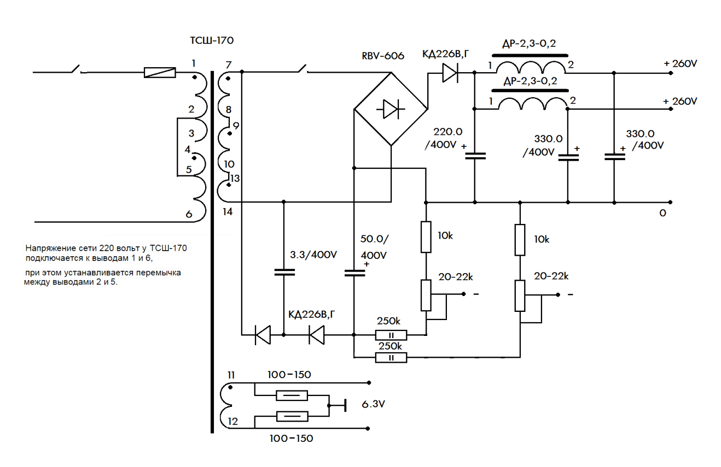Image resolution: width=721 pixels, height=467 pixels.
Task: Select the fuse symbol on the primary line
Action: pyautogui.click(x=160, y=72)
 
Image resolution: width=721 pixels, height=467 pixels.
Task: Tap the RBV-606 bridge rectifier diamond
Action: pyautogui.click(x=391, y=109)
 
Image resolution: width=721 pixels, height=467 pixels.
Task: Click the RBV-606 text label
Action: pyautogui.click(x=384, y=56)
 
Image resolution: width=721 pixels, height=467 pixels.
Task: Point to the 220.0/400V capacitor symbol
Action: pyautogui.click(x=474, y=155)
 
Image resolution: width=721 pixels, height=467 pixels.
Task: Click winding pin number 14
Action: pyautogui.click(x=228, y=212)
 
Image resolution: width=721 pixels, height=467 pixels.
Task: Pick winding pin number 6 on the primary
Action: pyautogui.click(x=189, y=215)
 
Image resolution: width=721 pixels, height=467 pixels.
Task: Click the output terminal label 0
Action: pyautogui.click(x=662, y=213)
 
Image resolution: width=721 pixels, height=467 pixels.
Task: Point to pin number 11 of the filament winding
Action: pyautogui.click(x=230, y=375)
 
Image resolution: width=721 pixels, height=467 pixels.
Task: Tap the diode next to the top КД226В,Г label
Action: pyautogui.click(x=450, y=72)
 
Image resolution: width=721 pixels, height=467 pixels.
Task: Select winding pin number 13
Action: pyautogui.click(x=235, y=178)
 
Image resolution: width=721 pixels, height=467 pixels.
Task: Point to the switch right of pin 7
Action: pyautogui.click(x=301, y=69)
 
